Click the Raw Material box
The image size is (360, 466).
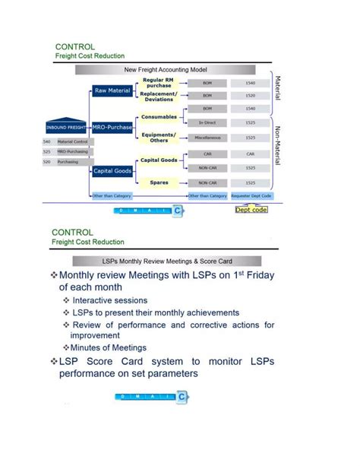(x=112, y=90)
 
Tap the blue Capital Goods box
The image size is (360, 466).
(x=112, y=171)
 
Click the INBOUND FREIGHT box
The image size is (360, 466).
(x=66, y=126)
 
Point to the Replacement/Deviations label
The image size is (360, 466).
(x=159, y=97)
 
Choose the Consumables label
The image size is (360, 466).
(x=159, y=117)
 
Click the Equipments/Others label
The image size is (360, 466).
(x=159, y=138)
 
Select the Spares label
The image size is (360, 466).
(x=159, y=182)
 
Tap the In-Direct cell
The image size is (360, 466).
(x=207, y=122)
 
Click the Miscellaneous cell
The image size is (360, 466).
(x=207, y=138)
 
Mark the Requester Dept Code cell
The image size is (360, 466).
(x=251, y=195)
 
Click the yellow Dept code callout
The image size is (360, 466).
(x=251, y=209)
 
